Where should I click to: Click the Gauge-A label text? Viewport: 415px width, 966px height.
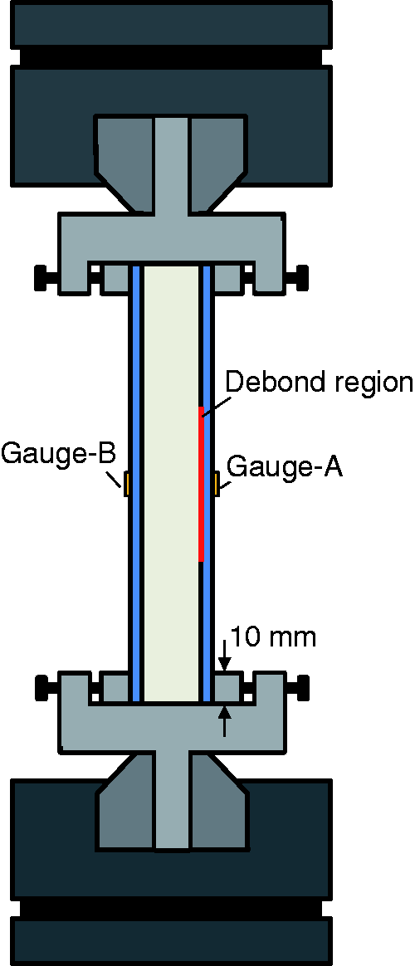point(285,467)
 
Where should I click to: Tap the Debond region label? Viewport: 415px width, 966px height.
point(319,383)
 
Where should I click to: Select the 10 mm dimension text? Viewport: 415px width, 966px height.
point(273,637)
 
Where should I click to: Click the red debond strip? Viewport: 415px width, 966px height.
point(202,484)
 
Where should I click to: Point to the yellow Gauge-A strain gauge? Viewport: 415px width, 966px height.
point(217,483)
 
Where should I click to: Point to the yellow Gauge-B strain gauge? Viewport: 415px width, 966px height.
point(125,484)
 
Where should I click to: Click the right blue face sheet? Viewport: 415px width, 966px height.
point(207,484)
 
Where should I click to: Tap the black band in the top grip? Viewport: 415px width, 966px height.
point(173,56)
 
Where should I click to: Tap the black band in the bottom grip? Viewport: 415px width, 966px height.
point(173,909)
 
